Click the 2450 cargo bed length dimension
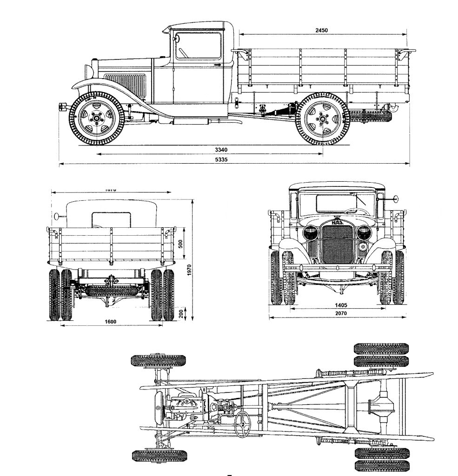click(x=321, y=30)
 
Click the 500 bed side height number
click(x=181, y=243)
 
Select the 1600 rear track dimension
click(x=111, y=322)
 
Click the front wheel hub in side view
click(x=97, y=119)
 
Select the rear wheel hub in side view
click(x=322, y=119)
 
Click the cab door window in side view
click(x=199, y=46)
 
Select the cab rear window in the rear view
click(x=111, y=219)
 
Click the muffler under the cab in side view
click(x=191, y=122)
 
